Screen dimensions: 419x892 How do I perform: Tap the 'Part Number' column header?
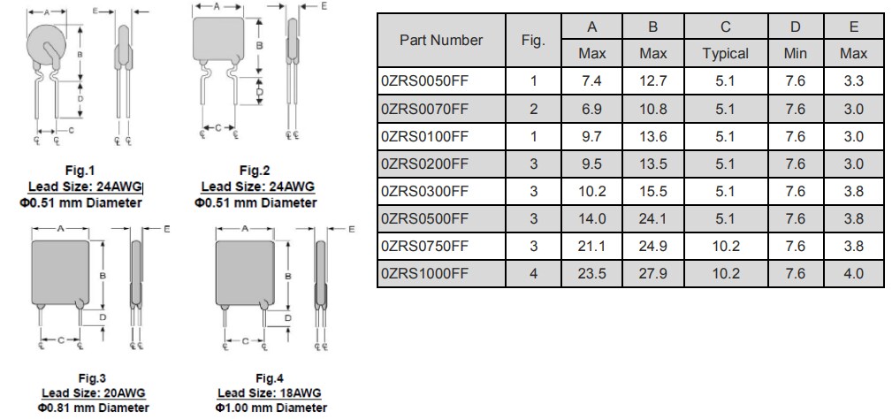pos(441,40)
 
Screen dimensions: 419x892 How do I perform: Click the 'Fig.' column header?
pos(533,40)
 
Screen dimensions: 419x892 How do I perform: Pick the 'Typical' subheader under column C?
pos(725,54)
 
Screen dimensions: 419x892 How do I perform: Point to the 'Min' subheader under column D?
pos(795,54)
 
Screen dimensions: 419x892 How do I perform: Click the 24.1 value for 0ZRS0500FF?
pos(652,218)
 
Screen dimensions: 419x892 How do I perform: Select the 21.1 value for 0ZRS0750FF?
pos(592,246)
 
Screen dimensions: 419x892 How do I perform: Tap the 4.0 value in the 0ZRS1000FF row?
pos(853,273)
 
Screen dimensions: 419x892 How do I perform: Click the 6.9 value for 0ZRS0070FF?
pos(592,109)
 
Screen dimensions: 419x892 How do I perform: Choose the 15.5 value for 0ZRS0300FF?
pos(652,191)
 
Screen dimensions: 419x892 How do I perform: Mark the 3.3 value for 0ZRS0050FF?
pos(853,81)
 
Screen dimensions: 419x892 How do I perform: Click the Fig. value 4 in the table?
pos(533,273)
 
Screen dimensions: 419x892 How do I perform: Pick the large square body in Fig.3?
pos(61,270)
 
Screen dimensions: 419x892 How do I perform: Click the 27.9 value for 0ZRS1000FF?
pos(652,273)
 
